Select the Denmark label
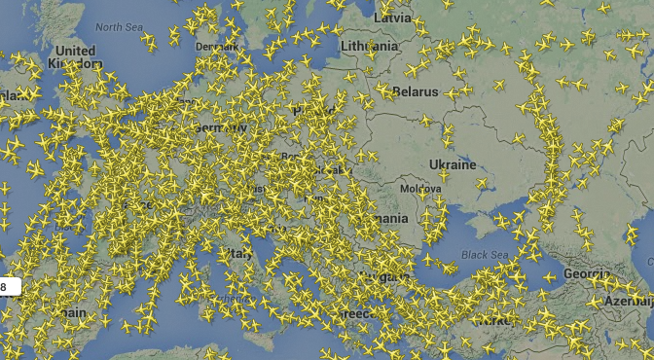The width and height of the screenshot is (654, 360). (215, 46)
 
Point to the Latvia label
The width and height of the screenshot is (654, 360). (393, 18)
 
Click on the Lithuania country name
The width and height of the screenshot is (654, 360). (369, 46)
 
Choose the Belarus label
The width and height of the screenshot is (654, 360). (417, 92)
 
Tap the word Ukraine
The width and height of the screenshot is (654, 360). (454, 164)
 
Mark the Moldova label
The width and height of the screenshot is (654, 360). (421, 187)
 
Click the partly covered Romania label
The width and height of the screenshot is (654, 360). (387, 219)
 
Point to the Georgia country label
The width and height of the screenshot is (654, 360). (588, 274)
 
